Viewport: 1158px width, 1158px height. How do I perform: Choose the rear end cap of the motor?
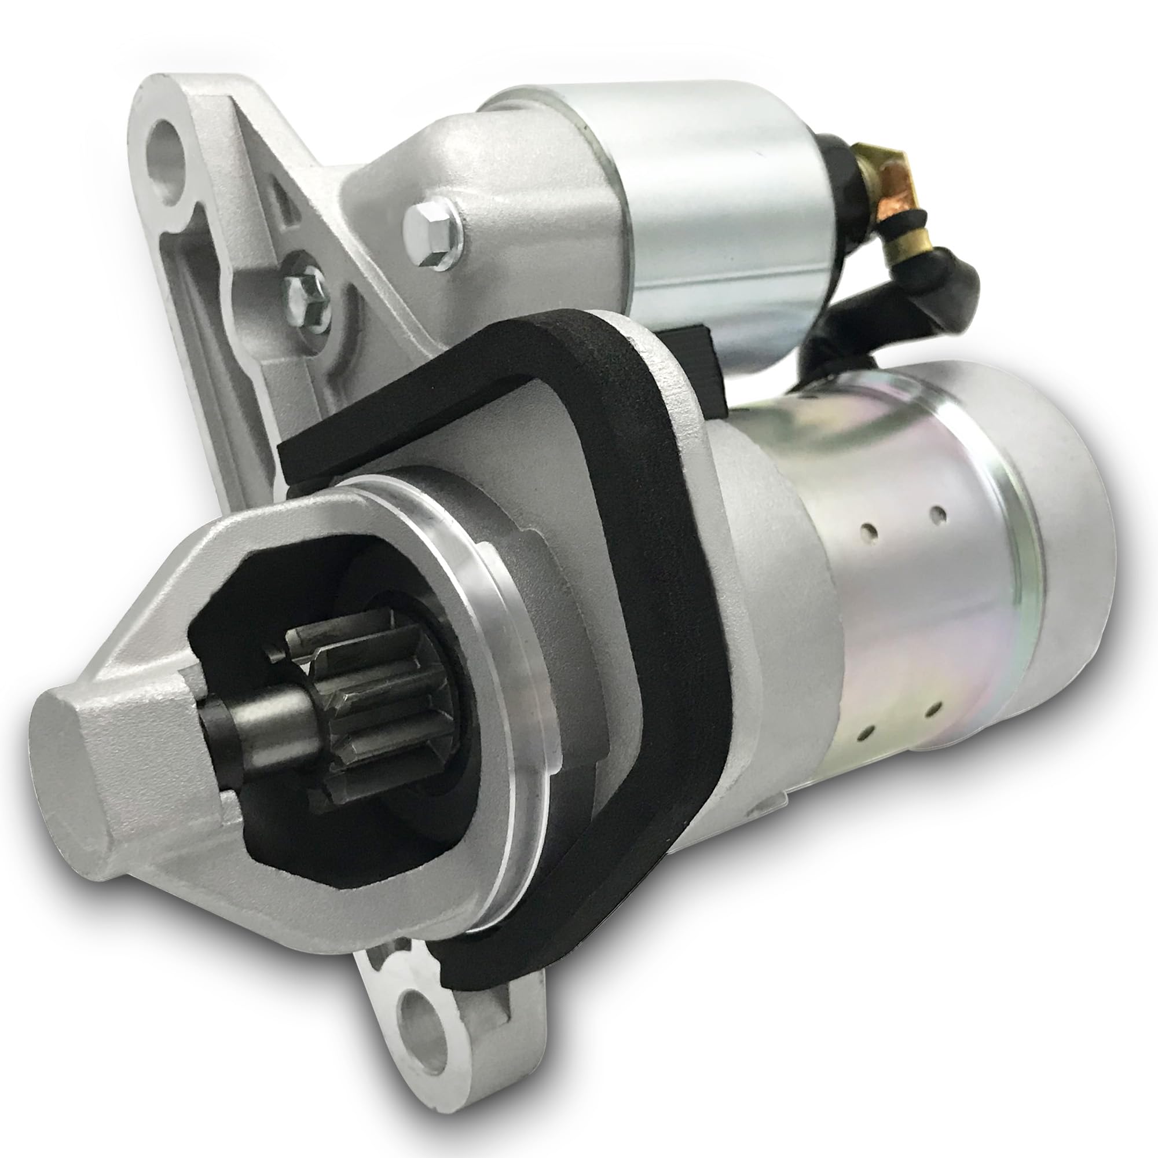(x=1073, y=540)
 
